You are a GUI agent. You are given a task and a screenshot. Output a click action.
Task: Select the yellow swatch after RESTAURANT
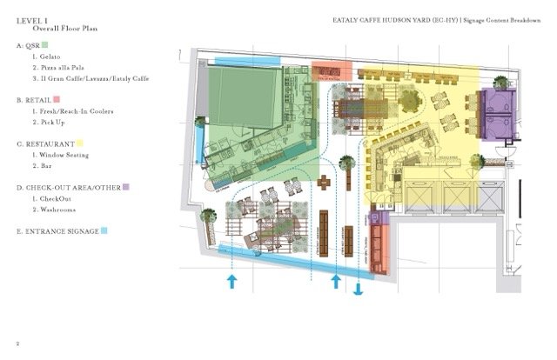80,143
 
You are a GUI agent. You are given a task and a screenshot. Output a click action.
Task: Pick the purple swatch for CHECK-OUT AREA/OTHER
126,187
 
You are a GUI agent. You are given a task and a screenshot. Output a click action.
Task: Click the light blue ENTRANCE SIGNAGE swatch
104,231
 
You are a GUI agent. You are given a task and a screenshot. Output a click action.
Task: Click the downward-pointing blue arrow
357,290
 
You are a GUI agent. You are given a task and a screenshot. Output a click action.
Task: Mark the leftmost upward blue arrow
232,280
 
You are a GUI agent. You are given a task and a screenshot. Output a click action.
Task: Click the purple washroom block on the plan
500,110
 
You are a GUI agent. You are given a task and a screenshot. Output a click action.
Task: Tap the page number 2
19,343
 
